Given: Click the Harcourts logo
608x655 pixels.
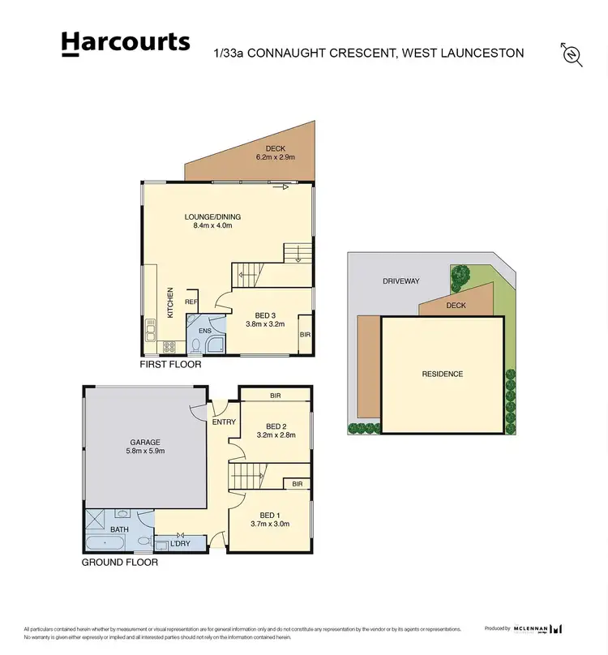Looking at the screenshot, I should pos(126,43).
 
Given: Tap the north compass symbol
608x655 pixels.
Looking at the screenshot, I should pos(572,54).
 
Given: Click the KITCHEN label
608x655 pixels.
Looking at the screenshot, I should pos(170,302).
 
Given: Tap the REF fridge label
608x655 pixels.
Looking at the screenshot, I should pos(191,302).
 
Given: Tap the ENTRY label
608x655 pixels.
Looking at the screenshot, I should pos(224,422).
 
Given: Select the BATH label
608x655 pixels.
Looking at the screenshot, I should pos(119,529).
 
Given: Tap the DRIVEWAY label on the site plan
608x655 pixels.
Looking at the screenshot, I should pos(401,281).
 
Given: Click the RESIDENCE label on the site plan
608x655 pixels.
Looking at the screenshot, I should pos(443,374).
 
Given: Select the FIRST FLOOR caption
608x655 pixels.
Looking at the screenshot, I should pos(170,365).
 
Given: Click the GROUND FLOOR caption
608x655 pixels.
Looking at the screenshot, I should pos(120,562).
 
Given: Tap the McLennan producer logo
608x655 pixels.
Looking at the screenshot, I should pos(537,628).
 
